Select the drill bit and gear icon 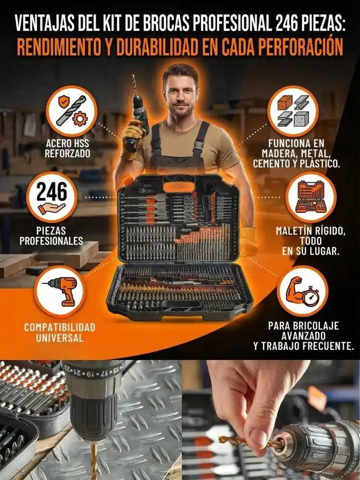(x=71, y=111)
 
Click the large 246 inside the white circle (x=52, y=191)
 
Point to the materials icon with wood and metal (x=293, y=111)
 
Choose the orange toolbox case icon (x=311, y=197)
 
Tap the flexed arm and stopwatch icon (x=302, y=291)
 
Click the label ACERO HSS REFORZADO (x=67, y=148)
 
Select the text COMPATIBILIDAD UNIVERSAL (x=60, y=332)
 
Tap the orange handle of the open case (x=179, y=187)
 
